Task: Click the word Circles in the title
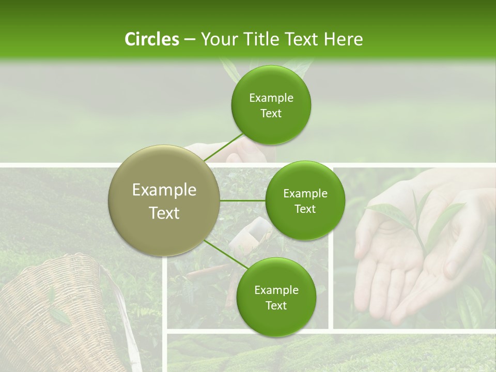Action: [151, 39]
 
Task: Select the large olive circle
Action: [164, 200]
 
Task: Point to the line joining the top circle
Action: [223, 147]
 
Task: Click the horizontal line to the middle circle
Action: [243, 200]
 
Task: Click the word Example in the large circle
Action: [164, 190]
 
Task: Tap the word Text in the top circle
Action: [271, 114]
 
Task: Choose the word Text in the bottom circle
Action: [276, 306]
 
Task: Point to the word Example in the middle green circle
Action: [305, 194]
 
